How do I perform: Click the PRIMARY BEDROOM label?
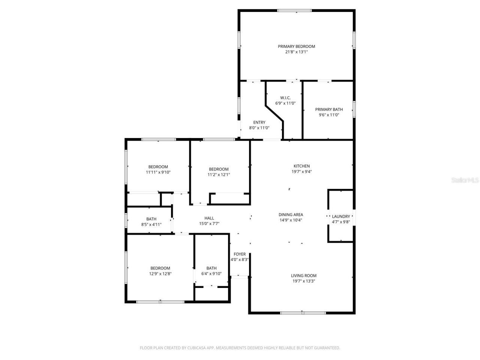[296, 46]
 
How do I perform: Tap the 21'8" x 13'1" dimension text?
[296, 52]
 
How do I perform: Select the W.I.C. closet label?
[285, 98]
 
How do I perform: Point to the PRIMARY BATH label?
[329, 109]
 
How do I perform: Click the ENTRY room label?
[259, 123]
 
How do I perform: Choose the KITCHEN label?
[301, 166]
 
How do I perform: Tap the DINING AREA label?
[291, 215]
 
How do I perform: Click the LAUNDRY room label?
[341, 216]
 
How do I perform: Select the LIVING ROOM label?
[304, 276]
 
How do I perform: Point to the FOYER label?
[240, 254]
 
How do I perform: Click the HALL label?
[209, 218]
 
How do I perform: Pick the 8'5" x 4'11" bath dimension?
[151, 225]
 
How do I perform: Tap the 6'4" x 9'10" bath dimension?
[211, 274]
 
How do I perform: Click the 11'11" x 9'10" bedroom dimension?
[158, 172]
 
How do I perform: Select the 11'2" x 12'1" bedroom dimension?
[219, 175]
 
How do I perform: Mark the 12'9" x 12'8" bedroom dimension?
[160, 274]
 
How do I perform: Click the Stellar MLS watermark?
[465, 180]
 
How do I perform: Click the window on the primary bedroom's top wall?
[294, 10]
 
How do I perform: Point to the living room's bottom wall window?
[303, 313]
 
